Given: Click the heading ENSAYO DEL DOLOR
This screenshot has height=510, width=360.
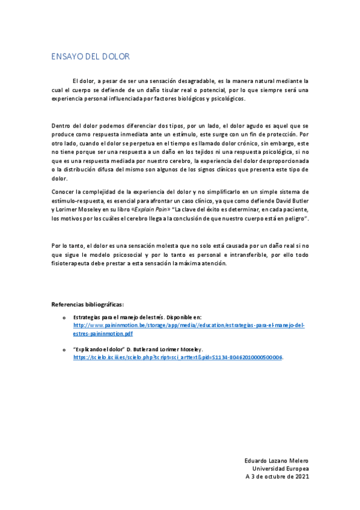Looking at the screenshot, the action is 90,57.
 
